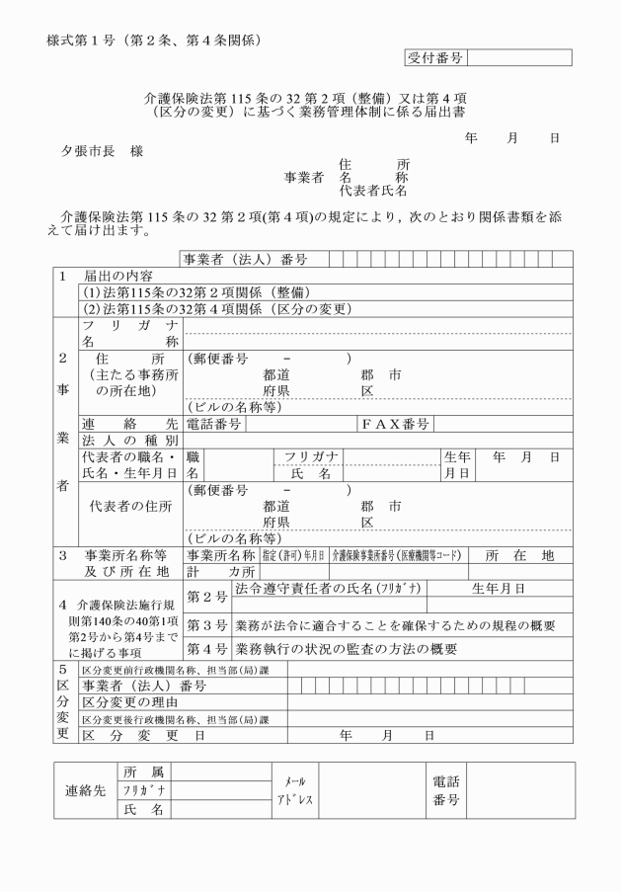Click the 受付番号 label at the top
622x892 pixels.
[x=434, y=58]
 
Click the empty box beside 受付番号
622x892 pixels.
[x=519, y=58]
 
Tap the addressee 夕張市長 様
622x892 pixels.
[x=101, y=155]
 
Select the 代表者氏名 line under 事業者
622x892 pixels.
[x=373, y=190]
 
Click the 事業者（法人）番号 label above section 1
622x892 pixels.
[x=243, y=260]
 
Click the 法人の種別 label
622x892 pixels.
[x=128, y=441]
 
